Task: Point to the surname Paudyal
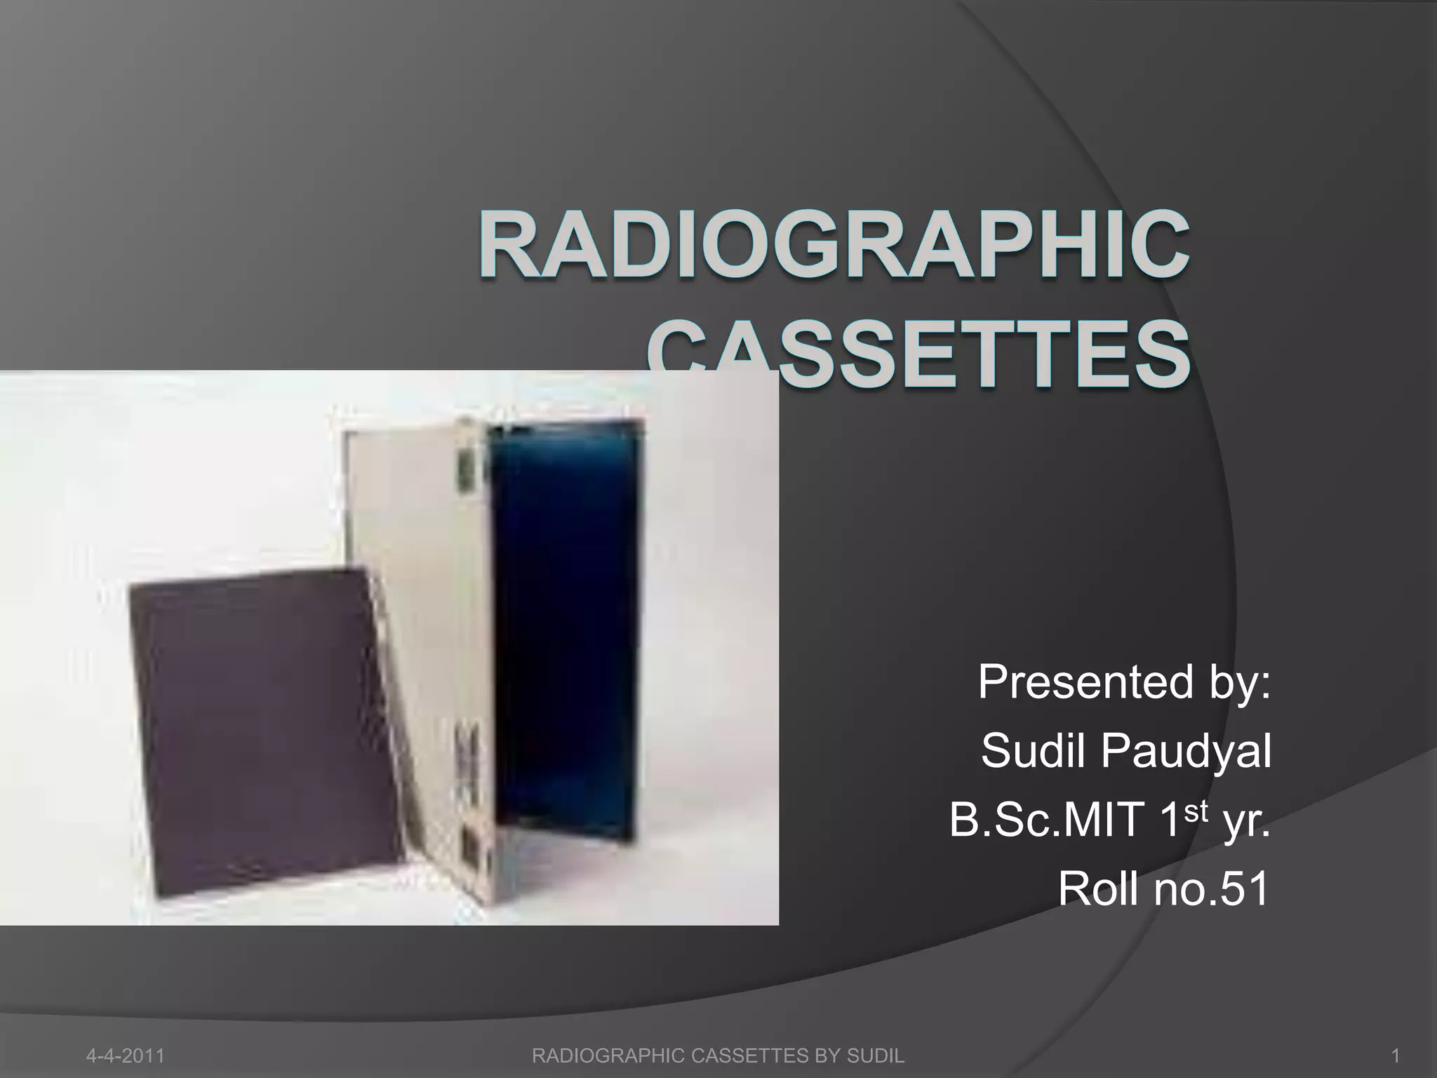pos(1185,752)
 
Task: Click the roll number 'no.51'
pos(1213,889)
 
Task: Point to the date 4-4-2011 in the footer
pos(125,1056)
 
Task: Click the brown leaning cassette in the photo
pos(260,730)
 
